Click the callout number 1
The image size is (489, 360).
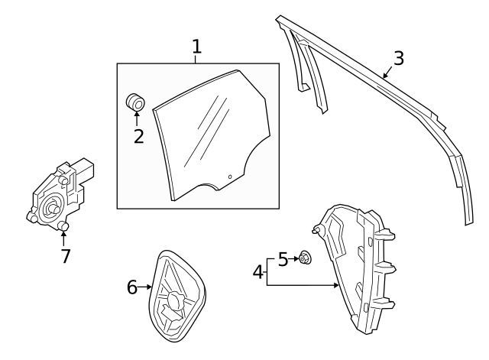pyautogui.click(x=196, y=46)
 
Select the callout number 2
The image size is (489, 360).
pyautogui.click(x=138, y=136)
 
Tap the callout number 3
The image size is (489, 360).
pyautogui.click(x=398, y=58)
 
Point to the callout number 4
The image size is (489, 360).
pyautogui.click(x=257, y=271)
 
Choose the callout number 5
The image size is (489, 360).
pyautogui.click(x=283, y=260)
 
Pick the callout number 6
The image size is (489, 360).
pyautogui.click(x=132, y=287)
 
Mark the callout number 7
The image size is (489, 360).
pyautogui.click(x=66, y=256)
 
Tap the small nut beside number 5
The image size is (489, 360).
pyautogui.click(x=304, y=258)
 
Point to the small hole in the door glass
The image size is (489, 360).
pyautogui.click(x=229, y=177)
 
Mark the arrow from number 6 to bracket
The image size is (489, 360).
pyautogui.click(x=147, y=287)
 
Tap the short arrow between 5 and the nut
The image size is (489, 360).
pyautogui.click(x=294, y=259)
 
